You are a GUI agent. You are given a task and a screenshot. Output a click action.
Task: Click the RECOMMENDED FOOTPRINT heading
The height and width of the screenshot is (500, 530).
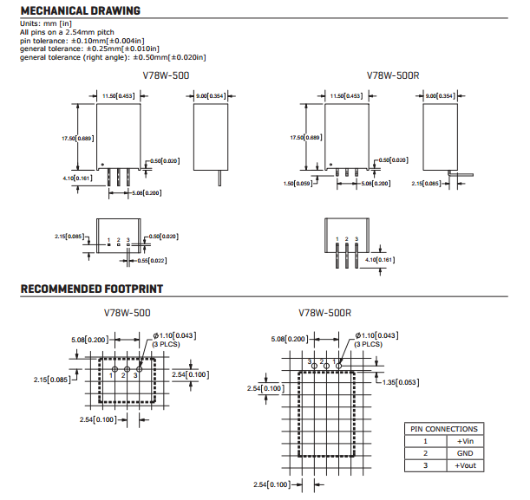coord(91,289)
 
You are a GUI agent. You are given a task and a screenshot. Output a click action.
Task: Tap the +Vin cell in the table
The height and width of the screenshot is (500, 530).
coord(464,441)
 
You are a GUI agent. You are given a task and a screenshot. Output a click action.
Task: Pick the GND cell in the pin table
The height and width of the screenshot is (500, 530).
coord(464,453)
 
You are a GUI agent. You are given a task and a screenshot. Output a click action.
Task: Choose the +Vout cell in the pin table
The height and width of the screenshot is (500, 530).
coord(464,465)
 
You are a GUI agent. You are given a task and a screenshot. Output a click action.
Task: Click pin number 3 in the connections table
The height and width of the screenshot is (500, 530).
coord(425,465)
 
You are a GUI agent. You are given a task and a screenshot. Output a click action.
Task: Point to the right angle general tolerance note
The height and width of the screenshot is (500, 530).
coord(113,57)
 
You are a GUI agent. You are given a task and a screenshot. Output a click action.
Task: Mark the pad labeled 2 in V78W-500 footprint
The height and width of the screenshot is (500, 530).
coord(125,375)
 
